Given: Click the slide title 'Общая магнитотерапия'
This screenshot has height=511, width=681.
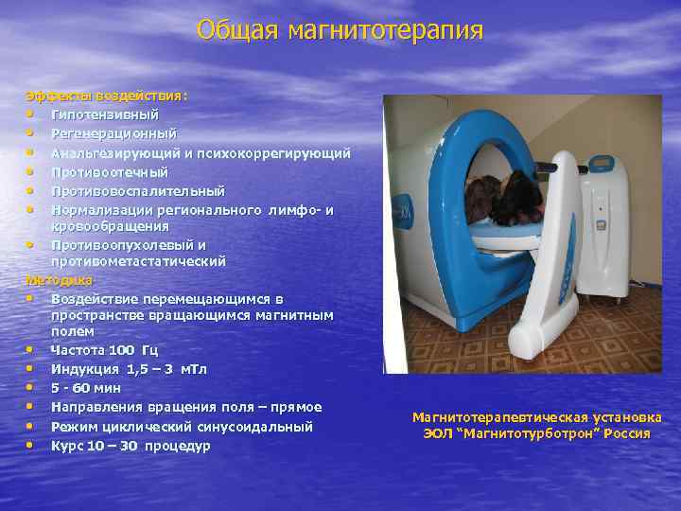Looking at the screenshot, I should pos(340,30).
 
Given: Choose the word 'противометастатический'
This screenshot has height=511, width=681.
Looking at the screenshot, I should pos(138,261).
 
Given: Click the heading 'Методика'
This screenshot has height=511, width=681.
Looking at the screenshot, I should pos(59,280).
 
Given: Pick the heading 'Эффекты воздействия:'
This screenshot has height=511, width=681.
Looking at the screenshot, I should pos(106,96).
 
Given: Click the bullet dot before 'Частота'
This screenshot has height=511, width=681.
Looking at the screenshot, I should pos(31,350).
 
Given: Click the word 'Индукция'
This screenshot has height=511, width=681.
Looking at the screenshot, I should pos(84,369).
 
